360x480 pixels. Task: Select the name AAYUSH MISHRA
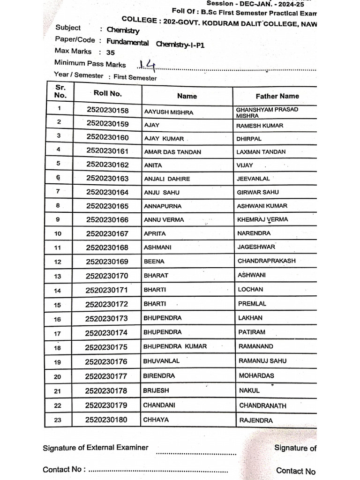point(168,112)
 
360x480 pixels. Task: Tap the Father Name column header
point(277,96)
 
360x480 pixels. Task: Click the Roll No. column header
point(107,93)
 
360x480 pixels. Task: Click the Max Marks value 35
point(110,52)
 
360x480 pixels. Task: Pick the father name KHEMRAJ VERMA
point(262,219)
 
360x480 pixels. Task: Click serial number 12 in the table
point(58,262)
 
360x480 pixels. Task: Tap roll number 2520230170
point(107,276)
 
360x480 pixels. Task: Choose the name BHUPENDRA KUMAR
point(175,346)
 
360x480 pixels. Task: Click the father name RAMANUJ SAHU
point(262,361)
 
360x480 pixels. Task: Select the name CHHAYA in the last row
point(156,420)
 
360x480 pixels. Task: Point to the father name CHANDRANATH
point(262,405)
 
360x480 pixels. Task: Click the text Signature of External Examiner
point(95,448)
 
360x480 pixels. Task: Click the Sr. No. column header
point(60,91)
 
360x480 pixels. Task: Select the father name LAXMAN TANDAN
point(261,152)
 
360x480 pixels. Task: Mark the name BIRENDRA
point(159,376)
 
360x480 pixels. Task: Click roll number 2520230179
point(106,405)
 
